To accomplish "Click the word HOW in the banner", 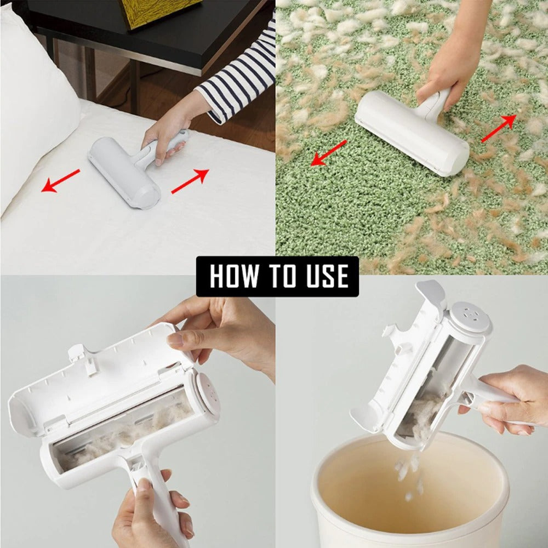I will point(232,276).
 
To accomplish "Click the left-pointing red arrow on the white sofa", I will point(60,181).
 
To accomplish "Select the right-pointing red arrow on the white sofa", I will point(190,181).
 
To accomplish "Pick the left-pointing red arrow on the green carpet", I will point(329,152).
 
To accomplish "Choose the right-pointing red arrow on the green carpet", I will point(499,129).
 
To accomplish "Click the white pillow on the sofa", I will point(33,99).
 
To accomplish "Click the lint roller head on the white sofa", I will point(123,171).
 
